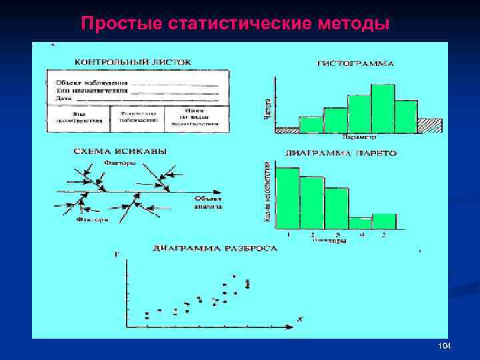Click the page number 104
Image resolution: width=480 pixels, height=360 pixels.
tap(445, 347)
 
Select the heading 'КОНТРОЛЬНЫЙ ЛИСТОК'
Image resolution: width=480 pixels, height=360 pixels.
tap(133, 61)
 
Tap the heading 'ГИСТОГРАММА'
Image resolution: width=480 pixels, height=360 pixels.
tap(355, 64)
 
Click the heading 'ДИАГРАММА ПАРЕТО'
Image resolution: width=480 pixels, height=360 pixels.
tap(341, 153)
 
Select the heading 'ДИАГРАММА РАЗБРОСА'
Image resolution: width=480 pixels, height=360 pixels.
tap(215, 248)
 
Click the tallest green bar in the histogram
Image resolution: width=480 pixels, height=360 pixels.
tap(383, 109)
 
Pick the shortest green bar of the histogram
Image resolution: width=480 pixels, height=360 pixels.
tap(311, 125)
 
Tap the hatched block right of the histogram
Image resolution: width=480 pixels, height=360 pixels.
tap(430, 125)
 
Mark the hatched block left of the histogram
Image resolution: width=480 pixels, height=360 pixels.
tap(287, 130)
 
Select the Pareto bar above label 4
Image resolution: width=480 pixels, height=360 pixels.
tap(360, 223)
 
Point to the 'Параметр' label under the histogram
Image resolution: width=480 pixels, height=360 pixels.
tap(359, 137)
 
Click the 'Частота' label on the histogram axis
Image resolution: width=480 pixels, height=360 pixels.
tap(268, 107)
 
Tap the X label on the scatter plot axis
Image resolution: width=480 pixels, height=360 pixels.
tap(299, 321)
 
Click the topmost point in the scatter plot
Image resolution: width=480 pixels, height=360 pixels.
tap(234, 276)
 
